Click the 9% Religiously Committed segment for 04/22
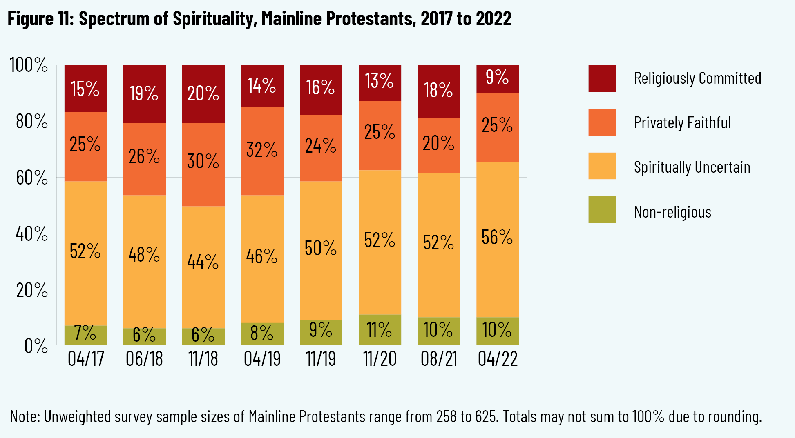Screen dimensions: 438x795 [497, 79]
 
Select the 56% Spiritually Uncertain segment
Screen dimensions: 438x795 [497, 239]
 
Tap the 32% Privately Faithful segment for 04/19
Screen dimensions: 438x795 [262, 151]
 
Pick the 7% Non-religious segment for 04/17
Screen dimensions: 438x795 [85, 335]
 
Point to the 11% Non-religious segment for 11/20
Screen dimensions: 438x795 [380, 329]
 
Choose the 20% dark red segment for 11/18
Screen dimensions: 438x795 [203, 94]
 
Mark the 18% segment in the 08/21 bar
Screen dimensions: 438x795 [438, 91]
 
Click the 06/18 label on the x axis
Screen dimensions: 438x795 [144, 359]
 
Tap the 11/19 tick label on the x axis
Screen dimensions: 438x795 [321, 359]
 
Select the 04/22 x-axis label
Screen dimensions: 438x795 [498, 359]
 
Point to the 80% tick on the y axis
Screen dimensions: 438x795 [32, 121]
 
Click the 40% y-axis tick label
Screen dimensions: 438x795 [32, 234]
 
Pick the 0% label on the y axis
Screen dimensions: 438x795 [36, 346]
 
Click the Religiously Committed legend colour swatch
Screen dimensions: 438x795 [602, 78]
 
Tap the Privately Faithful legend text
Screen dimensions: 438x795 [682, 122]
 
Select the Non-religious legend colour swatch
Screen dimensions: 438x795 [602, 209]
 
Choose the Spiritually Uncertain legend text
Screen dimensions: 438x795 [692, 167]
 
